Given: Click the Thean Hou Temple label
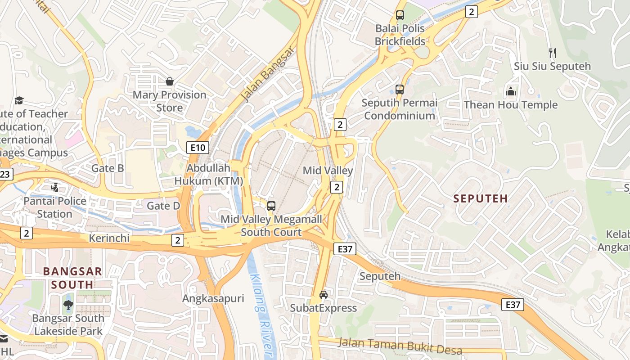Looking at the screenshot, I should pyautogui.click(x=510, y=105).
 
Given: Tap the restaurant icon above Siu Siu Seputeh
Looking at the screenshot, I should pyautogui.click(x=553, y=53).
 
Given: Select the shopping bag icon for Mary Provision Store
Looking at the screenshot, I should pyautogui.click(x=170, y=81).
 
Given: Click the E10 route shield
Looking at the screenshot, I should pyautogui.click(x=198, y=147).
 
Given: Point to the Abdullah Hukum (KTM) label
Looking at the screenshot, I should pyautogui.click(x=208, y=175).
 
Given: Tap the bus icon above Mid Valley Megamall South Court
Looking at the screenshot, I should pyautogui.click(x=271, y=206).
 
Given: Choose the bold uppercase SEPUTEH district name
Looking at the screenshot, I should pyautogui.click(x=481, y=198).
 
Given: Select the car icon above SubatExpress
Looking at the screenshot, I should pyautogui.click(x=323, y=295).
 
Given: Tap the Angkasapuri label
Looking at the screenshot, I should pyautogui.click(x=213, y=298).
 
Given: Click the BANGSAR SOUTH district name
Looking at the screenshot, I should pyautogui.click(x=72, y=278).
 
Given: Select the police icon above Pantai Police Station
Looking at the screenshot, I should pyautogui.click(x=55, y=187).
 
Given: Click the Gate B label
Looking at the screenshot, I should pyautogui.click(x=108, y=168).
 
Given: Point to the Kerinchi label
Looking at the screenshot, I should pyautogui.click(x=109, y=238).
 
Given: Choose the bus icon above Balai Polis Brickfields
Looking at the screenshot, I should pyautogui.click(x=400, y=15).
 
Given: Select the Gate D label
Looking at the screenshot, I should pyautogui.click(x=163, y=206).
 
